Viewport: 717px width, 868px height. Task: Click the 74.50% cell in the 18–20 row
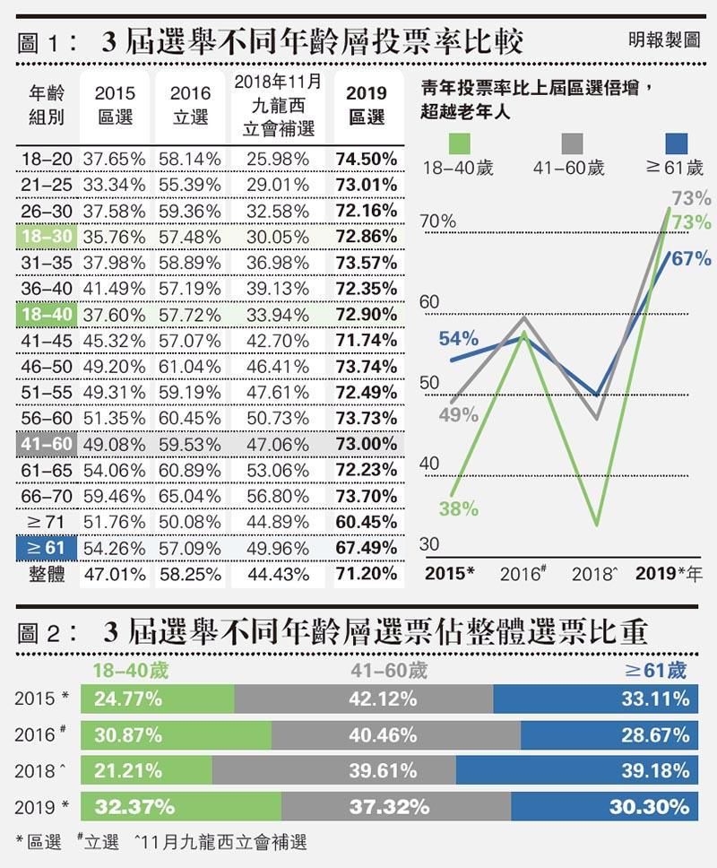[367, 159]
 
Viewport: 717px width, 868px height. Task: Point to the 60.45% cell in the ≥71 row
[367, 522]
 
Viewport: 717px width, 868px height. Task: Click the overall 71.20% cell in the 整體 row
[367, 574]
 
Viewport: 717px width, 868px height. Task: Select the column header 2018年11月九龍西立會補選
[279, 106]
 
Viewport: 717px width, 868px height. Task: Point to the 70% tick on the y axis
[438, 221]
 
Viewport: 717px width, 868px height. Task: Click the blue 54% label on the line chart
[458, 339]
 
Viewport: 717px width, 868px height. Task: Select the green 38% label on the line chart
[458, 508]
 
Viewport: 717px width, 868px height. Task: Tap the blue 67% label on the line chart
[691, 259]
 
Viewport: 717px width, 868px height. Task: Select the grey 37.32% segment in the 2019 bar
[395, 806]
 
